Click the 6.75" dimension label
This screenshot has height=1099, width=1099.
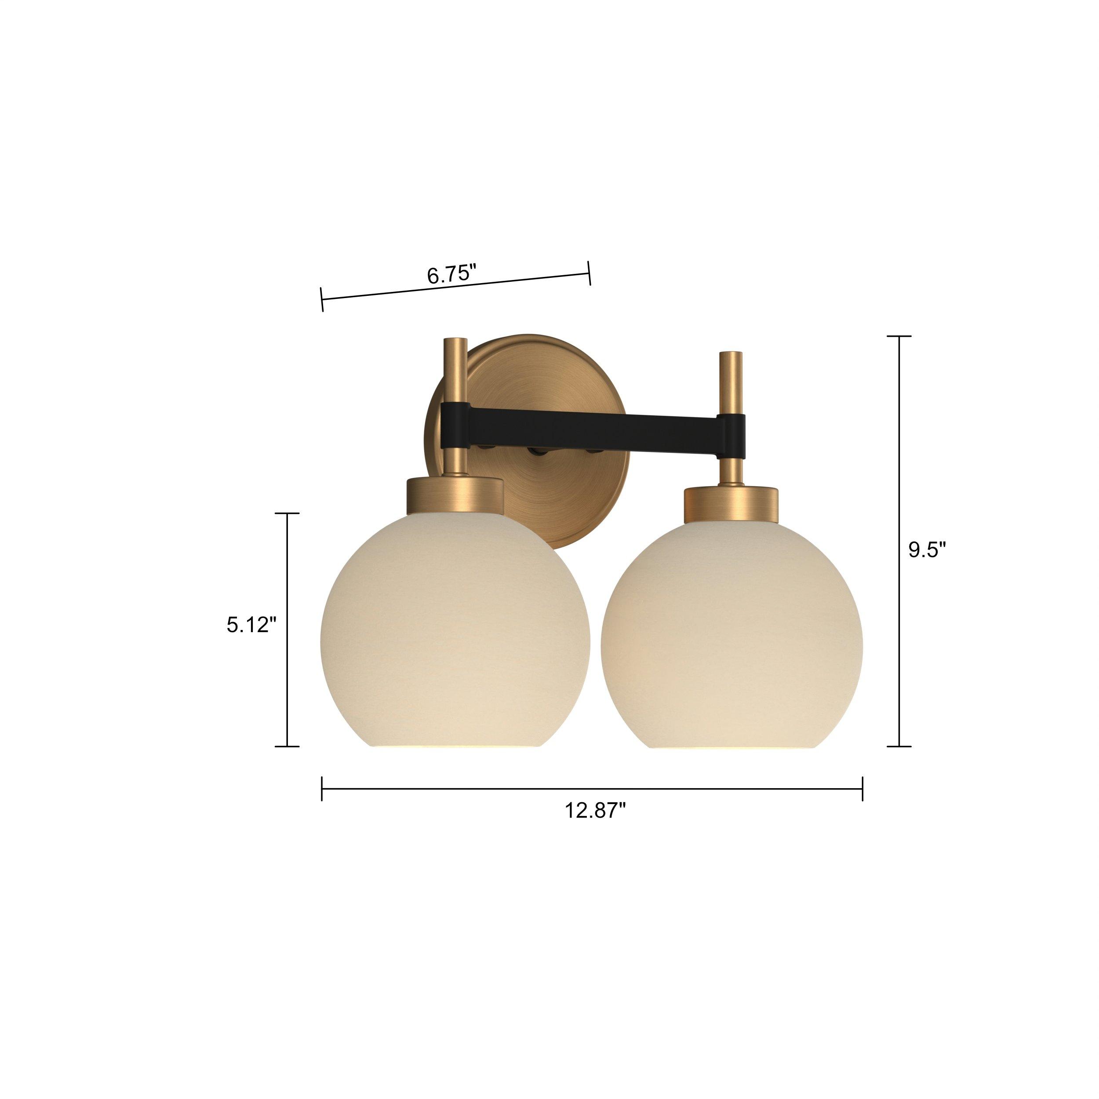click(x=451, y=274)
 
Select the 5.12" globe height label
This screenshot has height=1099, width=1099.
click(x=251, y=625)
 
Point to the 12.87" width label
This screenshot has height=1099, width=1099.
click(x=595, y=810)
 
